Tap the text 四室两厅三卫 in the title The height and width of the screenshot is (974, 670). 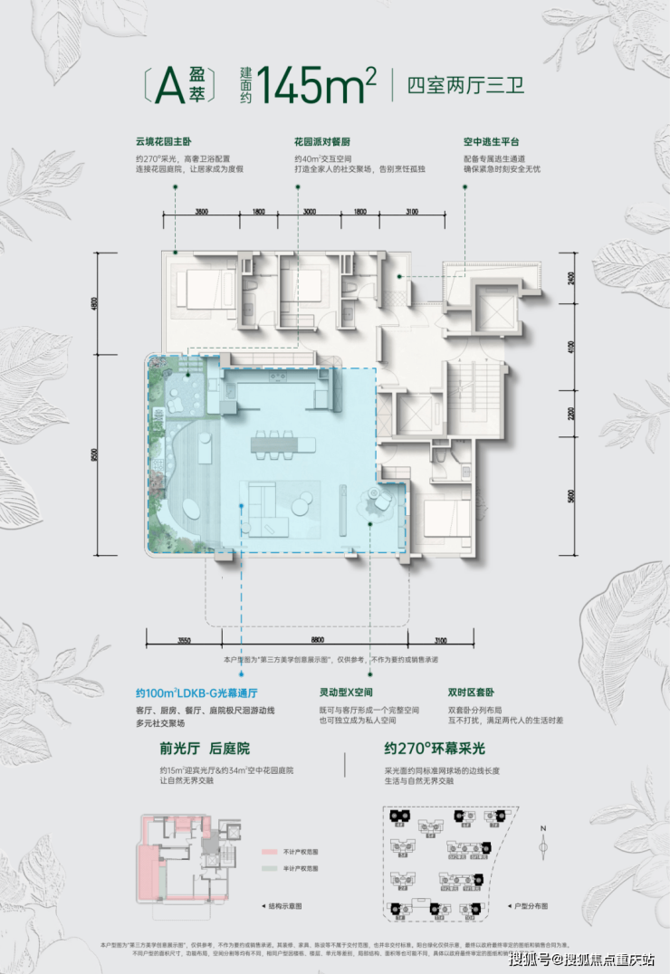point(466,87)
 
